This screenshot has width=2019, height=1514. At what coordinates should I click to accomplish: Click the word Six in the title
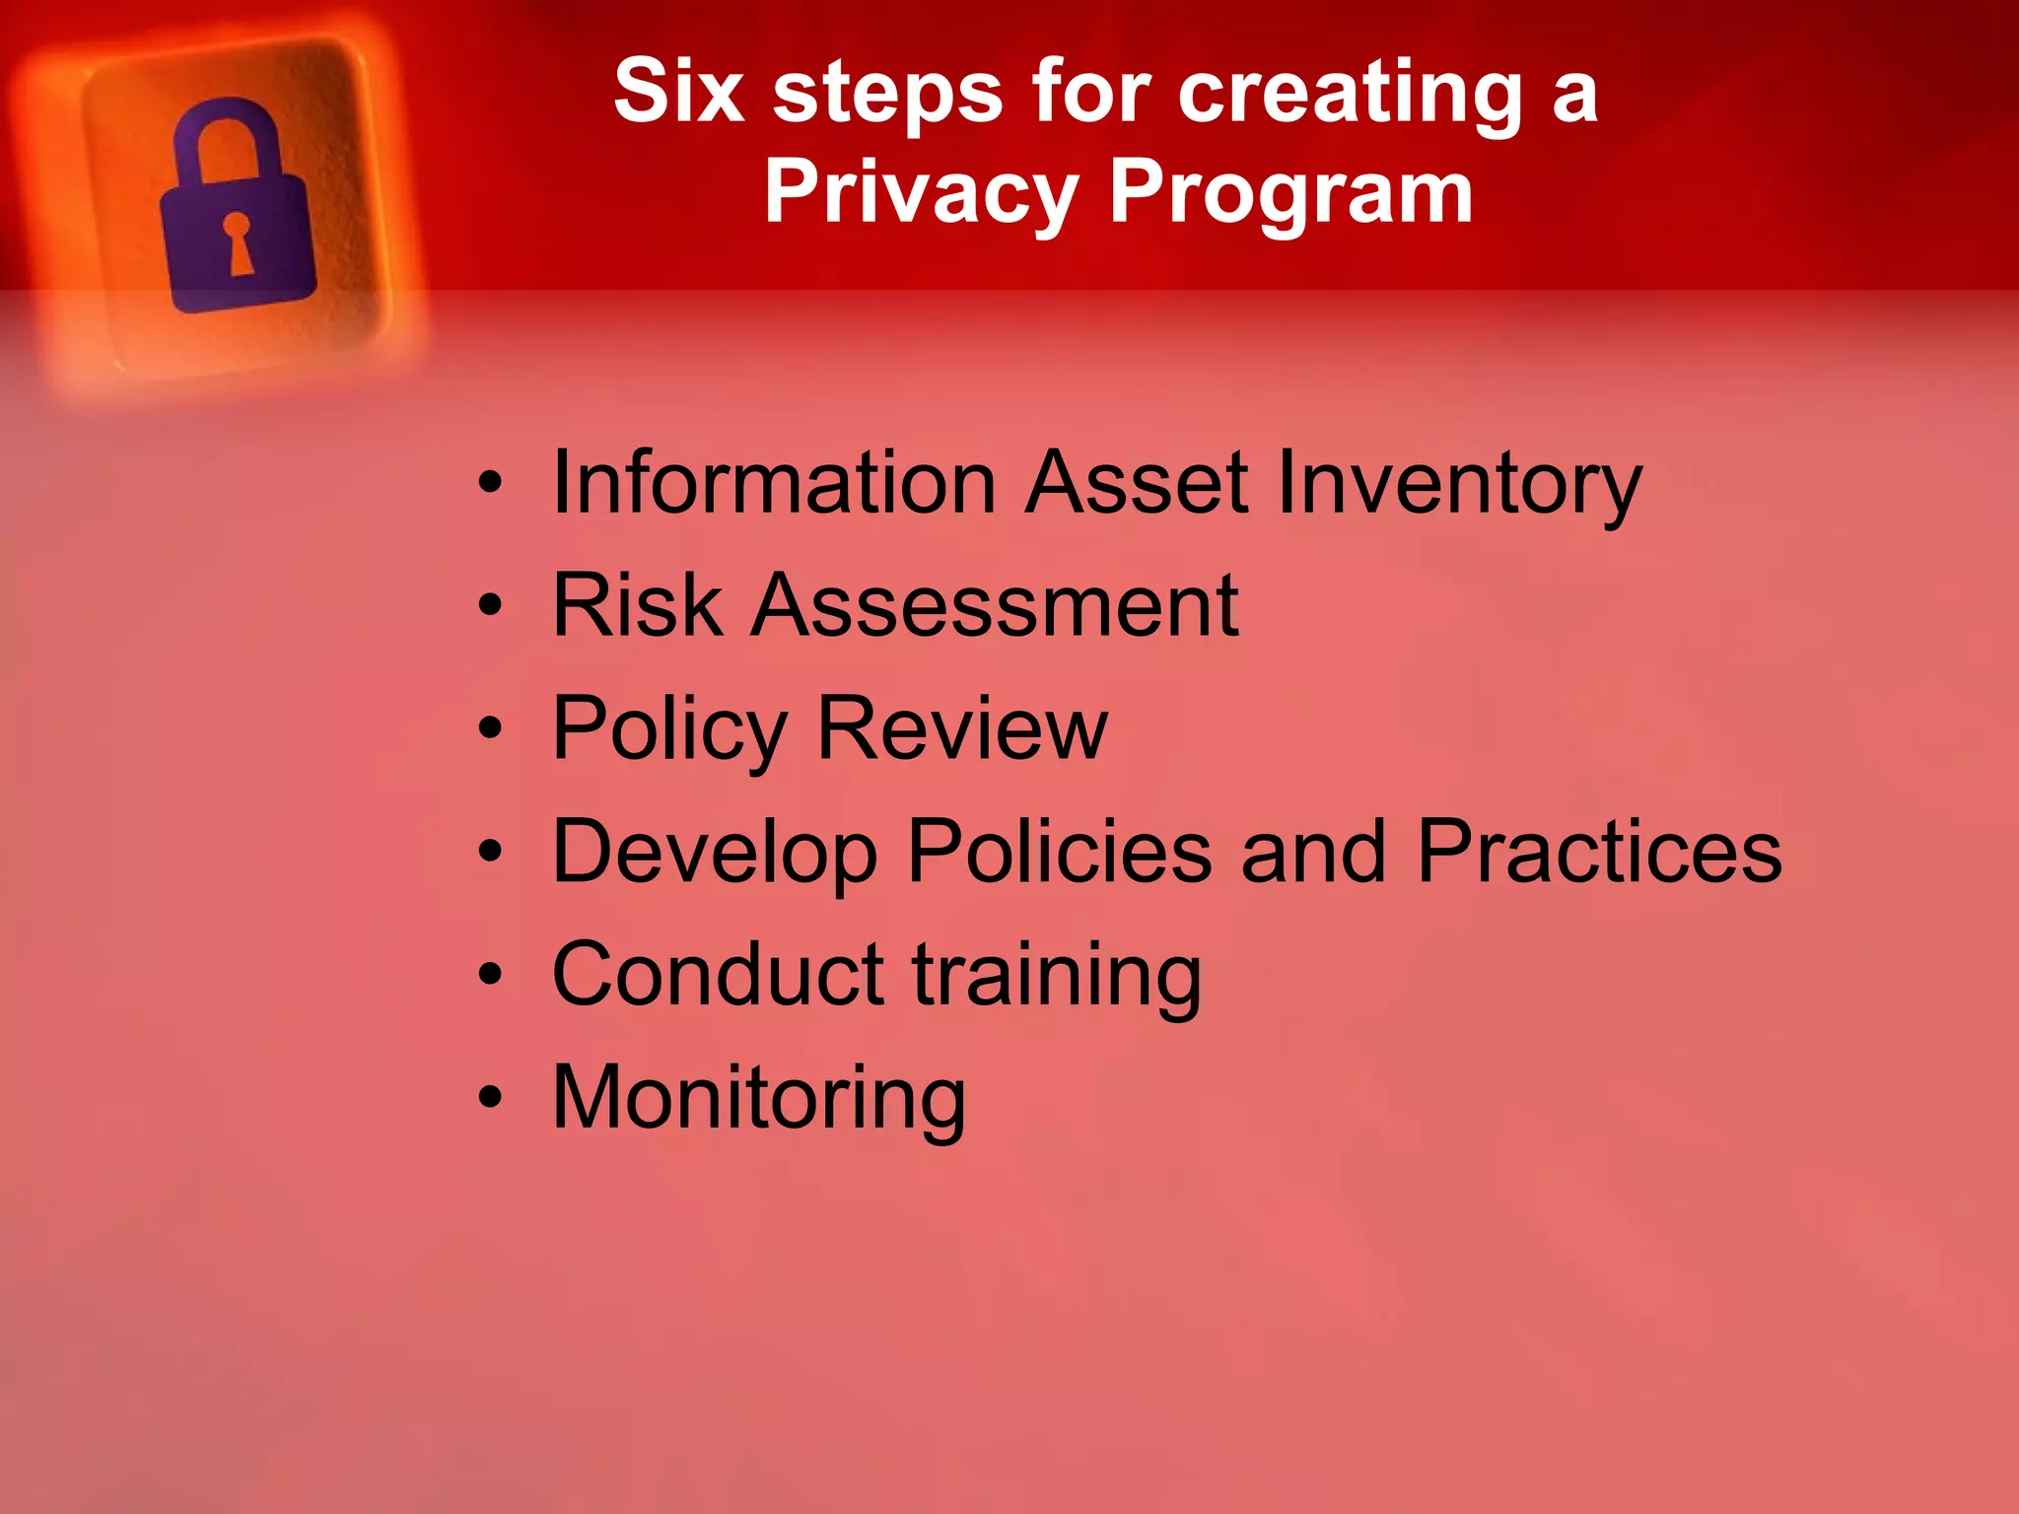click(x=677, y=92)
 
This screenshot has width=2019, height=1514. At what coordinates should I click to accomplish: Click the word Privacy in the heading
click(x=921, y=194)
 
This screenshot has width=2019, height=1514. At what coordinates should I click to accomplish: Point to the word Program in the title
click(x=1290, y=194)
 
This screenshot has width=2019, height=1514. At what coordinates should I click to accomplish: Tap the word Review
click(x=962, y=728)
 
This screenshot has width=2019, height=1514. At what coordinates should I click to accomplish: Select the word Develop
click(x=715, y=853)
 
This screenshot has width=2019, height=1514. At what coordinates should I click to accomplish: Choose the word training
click(x=1057, y=976)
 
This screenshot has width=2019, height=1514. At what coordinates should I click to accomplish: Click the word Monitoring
click(x=759, y=1098)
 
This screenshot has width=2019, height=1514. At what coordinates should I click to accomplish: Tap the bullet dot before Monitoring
click(x=490, y=1098)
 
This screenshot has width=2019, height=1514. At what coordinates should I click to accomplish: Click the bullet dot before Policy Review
click(x=490, y=728)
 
